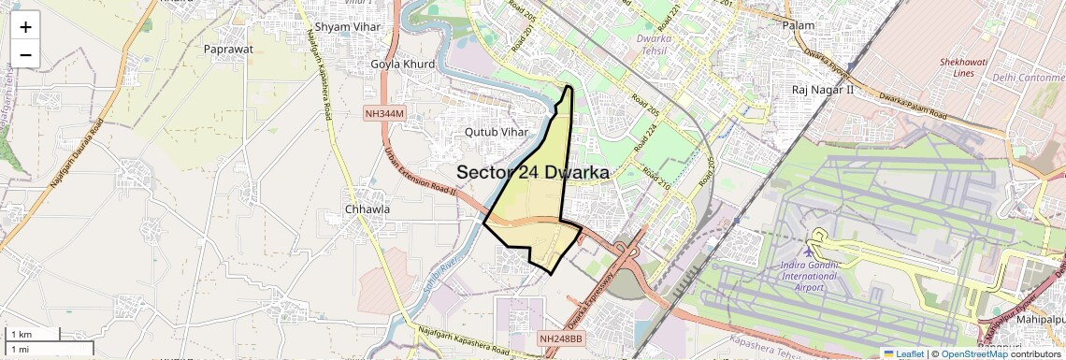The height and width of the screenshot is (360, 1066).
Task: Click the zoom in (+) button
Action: click(x=25, y=28)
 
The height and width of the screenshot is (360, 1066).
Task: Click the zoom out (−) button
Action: click(x=25, y=55)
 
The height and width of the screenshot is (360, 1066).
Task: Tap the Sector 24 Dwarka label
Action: click(x=533, y=173)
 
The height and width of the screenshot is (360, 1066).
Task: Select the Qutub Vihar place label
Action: click(x=497, y=132)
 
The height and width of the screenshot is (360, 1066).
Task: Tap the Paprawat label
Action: click(x=231, y=49)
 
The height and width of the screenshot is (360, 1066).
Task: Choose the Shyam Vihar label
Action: click(x=348, y=27)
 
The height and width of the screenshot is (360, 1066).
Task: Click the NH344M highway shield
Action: click(x=384, y=113)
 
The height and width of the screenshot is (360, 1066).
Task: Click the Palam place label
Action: click(x=799, y=25)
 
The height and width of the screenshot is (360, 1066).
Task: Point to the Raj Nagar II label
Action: click(x=823, y=90)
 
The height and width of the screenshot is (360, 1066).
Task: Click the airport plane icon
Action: click(x=809, y=253)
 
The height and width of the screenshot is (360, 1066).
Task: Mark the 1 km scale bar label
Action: click(x=22, y=334)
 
